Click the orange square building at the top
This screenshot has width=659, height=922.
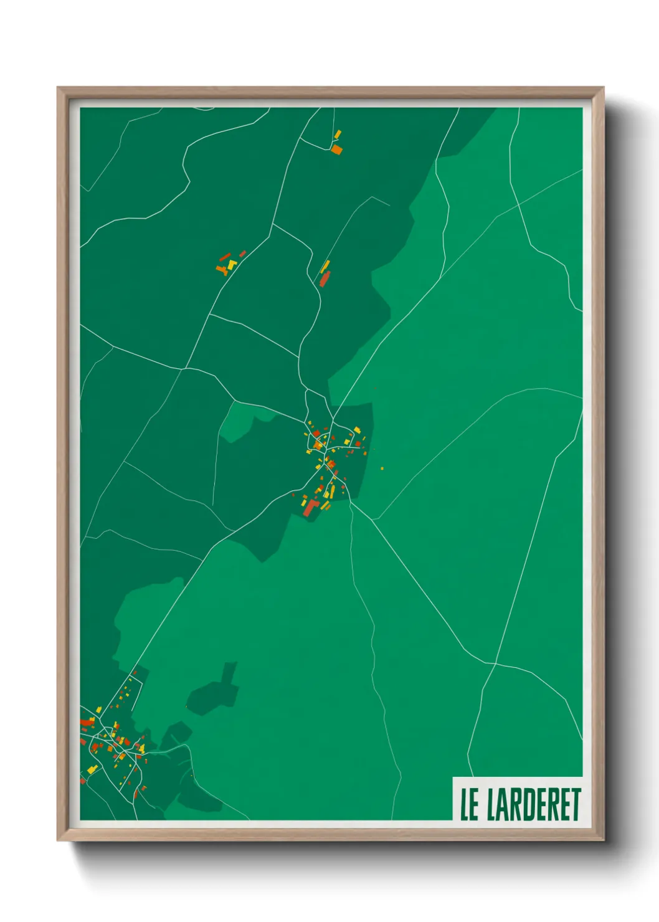336,150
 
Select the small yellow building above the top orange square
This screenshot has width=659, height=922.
338,134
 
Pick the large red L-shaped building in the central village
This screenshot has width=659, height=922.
310,507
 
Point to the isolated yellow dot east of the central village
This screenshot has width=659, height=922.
382,468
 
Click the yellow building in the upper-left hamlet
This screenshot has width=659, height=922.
232,265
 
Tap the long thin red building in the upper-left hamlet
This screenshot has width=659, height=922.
224,257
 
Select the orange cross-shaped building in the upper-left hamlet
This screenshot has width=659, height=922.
221,270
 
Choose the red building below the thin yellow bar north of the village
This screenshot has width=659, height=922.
323,279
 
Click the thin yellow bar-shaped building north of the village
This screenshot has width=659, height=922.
325,267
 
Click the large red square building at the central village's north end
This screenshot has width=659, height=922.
316,434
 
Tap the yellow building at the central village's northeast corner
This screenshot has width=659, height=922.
357,430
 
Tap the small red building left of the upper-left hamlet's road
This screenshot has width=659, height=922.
242,254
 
